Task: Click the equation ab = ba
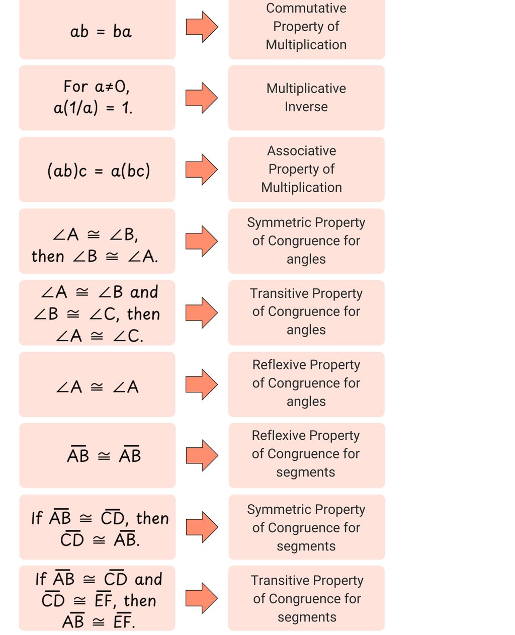(101, 32)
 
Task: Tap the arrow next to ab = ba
(202, 27)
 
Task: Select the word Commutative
(306, 8)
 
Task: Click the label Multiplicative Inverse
(306, 98)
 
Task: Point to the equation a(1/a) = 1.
(93, 108)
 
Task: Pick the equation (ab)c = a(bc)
(99, 171)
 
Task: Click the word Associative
(301, 151)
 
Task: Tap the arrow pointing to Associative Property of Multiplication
(201, 169)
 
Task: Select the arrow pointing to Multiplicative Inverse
(201, 98)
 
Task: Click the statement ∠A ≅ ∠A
(97, 387)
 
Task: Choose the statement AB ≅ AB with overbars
(104, 456)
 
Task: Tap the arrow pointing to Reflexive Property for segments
(202, 455)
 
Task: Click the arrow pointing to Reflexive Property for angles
(201, 384)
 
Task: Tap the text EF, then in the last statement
(125, 601)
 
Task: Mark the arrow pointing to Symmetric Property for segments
(202, 527)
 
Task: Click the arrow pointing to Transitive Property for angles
(201, 312)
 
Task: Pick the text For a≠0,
(97, 87)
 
